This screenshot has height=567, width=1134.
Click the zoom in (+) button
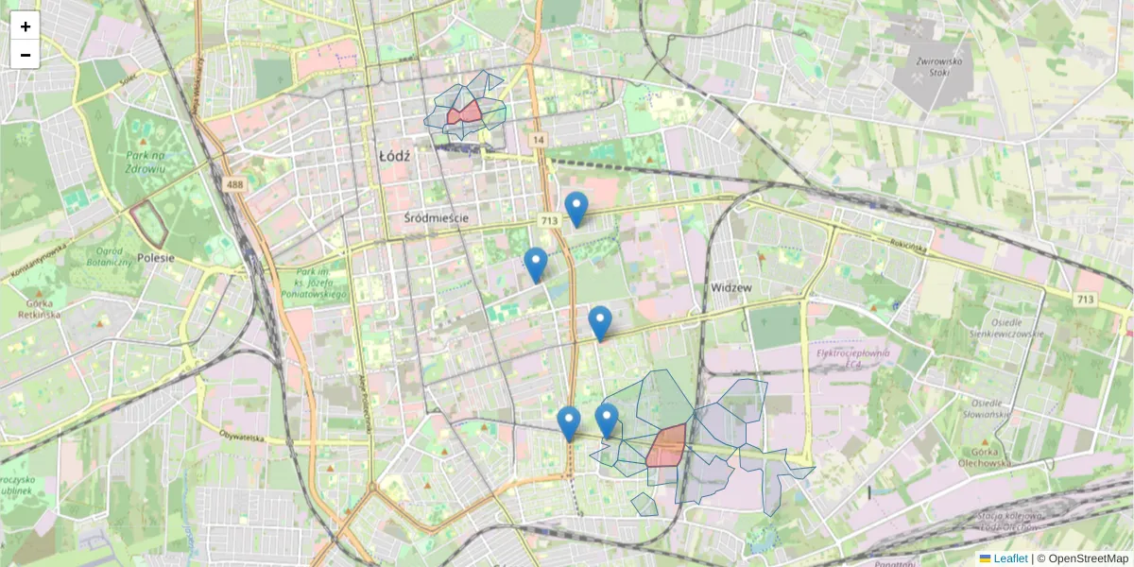26,26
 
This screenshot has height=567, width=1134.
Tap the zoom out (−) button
26,55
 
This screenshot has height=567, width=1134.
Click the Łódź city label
393,156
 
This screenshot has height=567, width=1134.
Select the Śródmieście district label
436,218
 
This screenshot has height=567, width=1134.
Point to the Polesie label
156,256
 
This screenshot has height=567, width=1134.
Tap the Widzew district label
730,287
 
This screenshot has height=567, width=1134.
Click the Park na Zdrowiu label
145,162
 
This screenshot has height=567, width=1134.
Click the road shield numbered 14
539,140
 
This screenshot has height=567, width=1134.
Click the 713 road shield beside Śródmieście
549,220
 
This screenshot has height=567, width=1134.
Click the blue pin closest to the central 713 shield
576,208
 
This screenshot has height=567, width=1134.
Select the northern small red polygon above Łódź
464,113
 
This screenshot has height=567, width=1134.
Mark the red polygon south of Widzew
667,445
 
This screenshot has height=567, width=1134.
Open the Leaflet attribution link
1009,558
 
